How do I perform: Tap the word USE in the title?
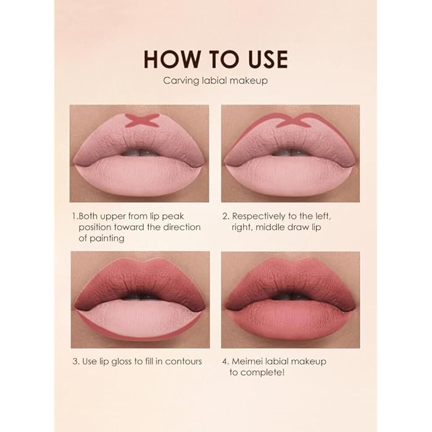pyautogui.click(x=261, y=59)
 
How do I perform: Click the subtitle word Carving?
pyautogui.click(x=178, y=80)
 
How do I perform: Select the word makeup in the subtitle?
pyautogui.click(x=249, y=80)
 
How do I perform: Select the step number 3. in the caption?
pyautogui.click(x=75, y=361)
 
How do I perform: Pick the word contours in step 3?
pyautogui.click(x=183, y=361)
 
